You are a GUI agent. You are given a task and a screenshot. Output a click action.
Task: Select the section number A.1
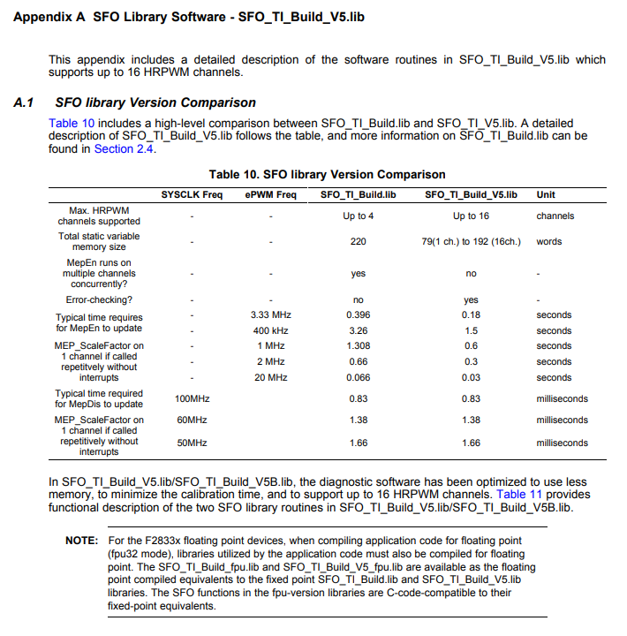[x=24, y=102]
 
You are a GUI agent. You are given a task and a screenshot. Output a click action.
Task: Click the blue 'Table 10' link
[x=71, y=123]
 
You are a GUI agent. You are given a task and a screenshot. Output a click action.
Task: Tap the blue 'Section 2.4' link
[x=125, y=149]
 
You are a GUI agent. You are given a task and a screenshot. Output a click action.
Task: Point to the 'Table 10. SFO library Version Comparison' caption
[x=327, y=174]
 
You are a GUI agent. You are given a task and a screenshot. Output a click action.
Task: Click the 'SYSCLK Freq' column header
[x=193, y=194]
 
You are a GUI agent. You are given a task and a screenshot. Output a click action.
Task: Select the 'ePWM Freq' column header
[x=270, y=194]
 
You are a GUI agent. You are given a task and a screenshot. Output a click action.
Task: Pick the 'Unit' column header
[x=546, y=194]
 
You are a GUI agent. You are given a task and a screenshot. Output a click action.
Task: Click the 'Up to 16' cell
[x=471, y=216]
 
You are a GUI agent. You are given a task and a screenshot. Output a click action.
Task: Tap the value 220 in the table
[x=358, y=241]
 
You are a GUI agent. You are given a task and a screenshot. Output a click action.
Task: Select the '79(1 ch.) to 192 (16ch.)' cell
[x=471, y=241]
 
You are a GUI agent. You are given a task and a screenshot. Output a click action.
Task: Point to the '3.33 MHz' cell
[x=271, y=314]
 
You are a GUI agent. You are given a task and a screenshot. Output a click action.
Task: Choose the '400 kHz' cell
[x=271, y=330]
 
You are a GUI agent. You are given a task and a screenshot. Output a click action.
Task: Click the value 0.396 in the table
[x=358, y=314]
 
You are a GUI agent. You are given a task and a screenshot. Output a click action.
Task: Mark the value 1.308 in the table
[x=358, y=345]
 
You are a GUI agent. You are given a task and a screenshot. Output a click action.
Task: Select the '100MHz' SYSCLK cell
[x=193, y=399]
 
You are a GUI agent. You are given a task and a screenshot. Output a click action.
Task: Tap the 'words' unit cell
[x=548, y=241]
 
